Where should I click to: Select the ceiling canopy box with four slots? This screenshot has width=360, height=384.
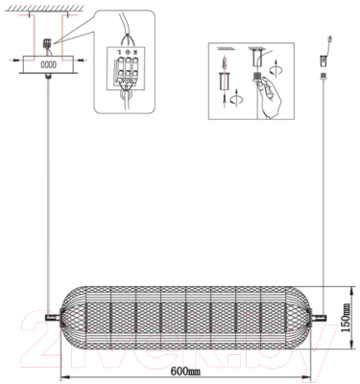coord(47,65)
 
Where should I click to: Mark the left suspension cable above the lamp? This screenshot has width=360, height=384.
coord(47,192)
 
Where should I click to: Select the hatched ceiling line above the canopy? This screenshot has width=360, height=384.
coord(45,11)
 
